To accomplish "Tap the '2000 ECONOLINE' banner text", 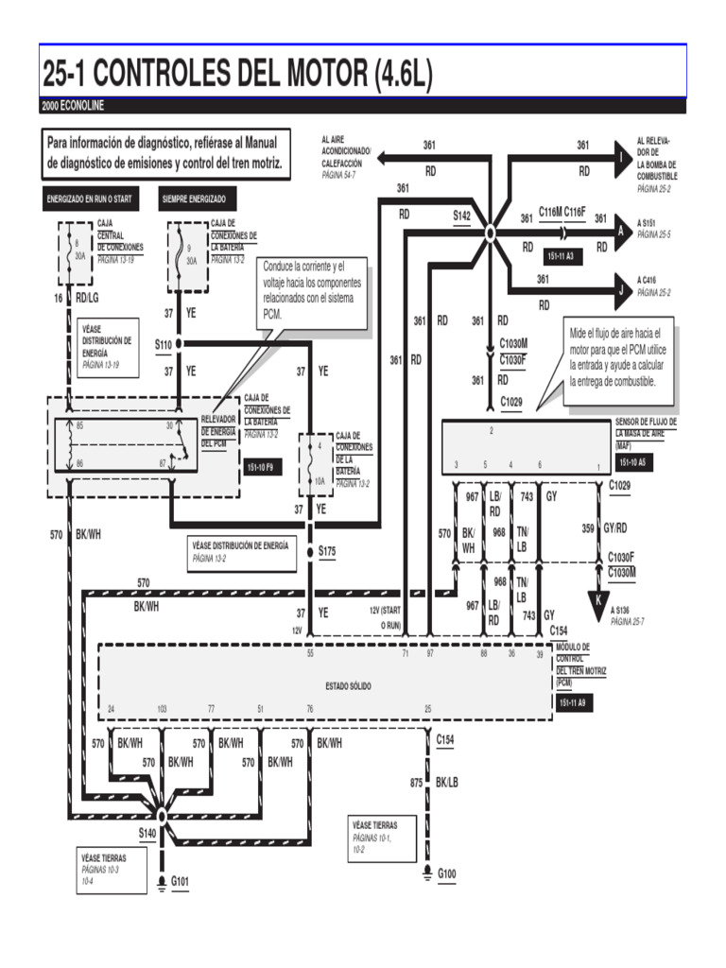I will tap(75, 106).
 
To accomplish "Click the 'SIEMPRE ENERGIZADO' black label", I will tap(194, 200).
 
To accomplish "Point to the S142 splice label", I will tap(461, 216).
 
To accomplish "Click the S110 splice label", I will tap(164, 346).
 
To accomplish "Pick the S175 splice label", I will tap(327, 550).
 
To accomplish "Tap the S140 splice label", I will tap(147, 833).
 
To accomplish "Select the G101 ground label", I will tap(180, 882).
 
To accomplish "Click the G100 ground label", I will tap(446, 874).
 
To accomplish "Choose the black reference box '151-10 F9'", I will tap(261, 467).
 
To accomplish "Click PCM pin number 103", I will tap(162, 708).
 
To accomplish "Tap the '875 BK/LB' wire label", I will tap(434, 783).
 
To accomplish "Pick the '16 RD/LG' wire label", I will tap(76, 299).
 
